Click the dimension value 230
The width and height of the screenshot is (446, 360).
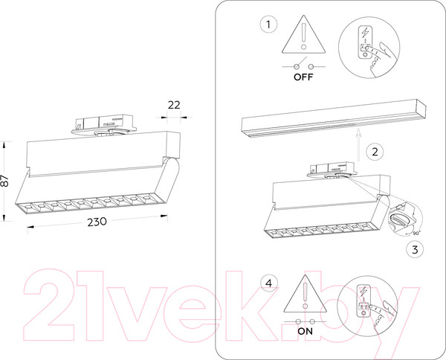click(x=97, y=222)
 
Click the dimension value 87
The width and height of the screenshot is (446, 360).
click(x=4, y=181)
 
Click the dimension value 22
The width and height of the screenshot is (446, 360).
click(x=174, y=105)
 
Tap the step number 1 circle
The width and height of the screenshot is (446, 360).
click(x=268, y=25)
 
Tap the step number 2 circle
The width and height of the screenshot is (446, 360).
click(x=375, y=152)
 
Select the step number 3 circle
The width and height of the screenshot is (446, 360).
click(x=415, y=250)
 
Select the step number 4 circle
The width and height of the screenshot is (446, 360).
click(x=268, y=283)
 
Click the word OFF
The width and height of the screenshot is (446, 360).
click(x=303, y=77)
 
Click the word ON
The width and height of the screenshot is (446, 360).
click(x=305, y=331)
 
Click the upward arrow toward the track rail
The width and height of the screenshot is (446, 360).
click(x=359, y=144)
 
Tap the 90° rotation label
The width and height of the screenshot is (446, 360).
click(x=416, y=233)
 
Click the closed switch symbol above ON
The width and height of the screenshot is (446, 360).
click(x=306, y=322)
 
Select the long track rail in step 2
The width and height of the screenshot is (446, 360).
click(x=334, y=118)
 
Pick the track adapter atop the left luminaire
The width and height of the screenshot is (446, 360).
click(x=104, y=125)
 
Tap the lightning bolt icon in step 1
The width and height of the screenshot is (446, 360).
click(x=365, y=32)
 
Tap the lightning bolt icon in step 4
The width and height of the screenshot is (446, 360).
click(x=363, y=292)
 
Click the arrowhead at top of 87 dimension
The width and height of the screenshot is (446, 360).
click(x=4, y=144)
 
